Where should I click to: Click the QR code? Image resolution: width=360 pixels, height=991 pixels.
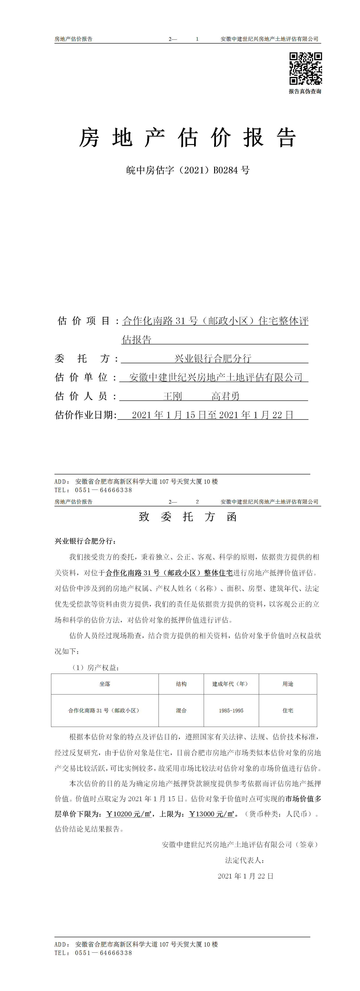click(x=305, y=69)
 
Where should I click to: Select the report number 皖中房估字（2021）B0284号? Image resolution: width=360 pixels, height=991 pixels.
click(x=188, y=170)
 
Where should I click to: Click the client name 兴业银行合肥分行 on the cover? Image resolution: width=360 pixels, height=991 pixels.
click(x=213, y=358)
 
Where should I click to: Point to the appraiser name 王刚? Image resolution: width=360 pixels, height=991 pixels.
click(x=173, y=396)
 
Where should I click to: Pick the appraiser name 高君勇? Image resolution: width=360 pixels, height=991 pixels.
click(x=226, y=396)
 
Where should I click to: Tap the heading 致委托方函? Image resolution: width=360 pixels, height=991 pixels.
click(x=188, y=517)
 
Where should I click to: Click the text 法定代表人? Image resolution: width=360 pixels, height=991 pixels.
click(x=244, y=860)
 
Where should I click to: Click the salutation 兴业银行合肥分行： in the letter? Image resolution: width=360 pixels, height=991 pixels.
click(x=85, y=541)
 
